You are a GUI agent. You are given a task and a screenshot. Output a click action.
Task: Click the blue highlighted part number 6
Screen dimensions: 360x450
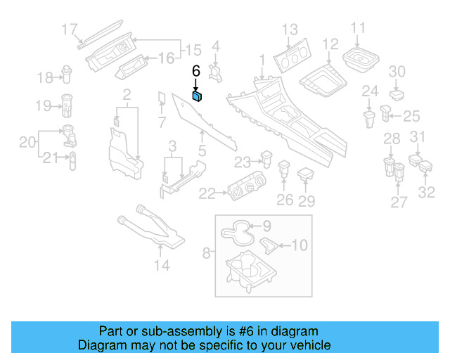pos(198,97)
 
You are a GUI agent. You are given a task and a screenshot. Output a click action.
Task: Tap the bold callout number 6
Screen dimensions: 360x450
pos(196,71)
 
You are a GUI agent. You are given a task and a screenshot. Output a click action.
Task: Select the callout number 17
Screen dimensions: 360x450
pos(70,30)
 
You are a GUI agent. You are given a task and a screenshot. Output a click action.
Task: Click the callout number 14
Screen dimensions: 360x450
pos(162,265)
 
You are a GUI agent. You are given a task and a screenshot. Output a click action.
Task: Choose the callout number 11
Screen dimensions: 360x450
pos(359,28)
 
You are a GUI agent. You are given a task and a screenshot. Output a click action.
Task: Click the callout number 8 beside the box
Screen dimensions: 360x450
pos(207,251)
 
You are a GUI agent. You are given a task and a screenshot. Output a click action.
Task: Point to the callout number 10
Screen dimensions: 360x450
pos(300,245)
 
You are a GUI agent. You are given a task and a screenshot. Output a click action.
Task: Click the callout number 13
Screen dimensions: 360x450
pos(290,30)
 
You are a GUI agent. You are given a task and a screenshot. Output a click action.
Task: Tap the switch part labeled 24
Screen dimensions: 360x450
pos(369,117)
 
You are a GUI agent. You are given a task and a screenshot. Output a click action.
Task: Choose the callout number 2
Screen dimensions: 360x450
pos(127,94)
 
